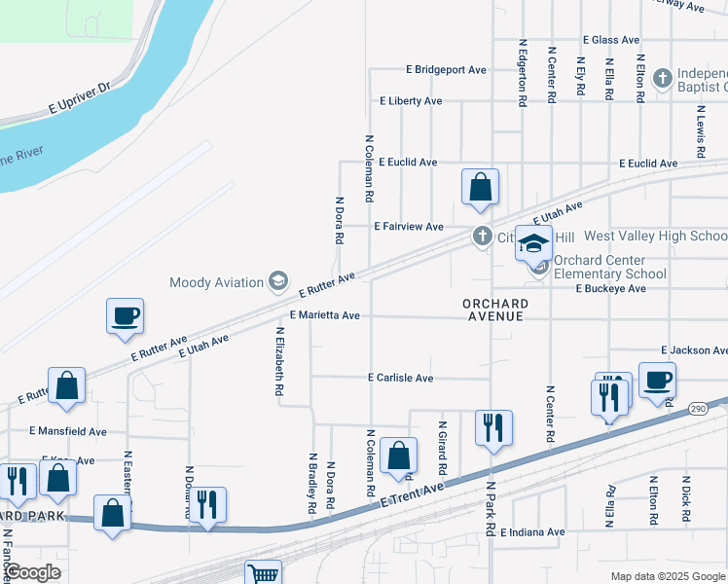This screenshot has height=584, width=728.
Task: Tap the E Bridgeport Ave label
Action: (x=446, y=70)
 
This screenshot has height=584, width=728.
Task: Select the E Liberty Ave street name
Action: (x=411, y=101)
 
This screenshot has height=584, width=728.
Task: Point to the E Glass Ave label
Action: (x=610, y=40)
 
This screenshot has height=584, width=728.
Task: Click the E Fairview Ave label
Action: (x=409, y=226)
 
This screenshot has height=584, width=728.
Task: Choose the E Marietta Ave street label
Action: (x=325, y=315)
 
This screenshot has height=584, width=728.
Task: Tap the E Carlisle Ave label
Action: (x=400, y=377)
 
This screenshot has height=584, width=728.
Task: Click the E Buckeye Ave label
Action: (x=610, y=289)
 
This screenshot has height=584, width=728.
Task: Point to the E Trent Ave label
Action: (x=413, y=493)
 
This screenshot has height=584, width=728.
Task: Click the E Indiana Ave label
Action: (x=530, y=532)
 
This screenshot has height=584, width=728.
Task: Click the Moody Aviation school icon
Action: (x=278, y=282)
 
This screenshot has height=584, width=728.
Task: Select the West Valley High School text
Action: (x=655, y=236)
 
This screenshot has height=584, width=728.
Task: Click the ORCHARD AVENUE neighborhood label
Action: (x=493, y=310)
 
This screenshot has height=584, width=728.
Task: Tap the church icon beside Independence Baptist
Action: (x=662, y=77)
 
